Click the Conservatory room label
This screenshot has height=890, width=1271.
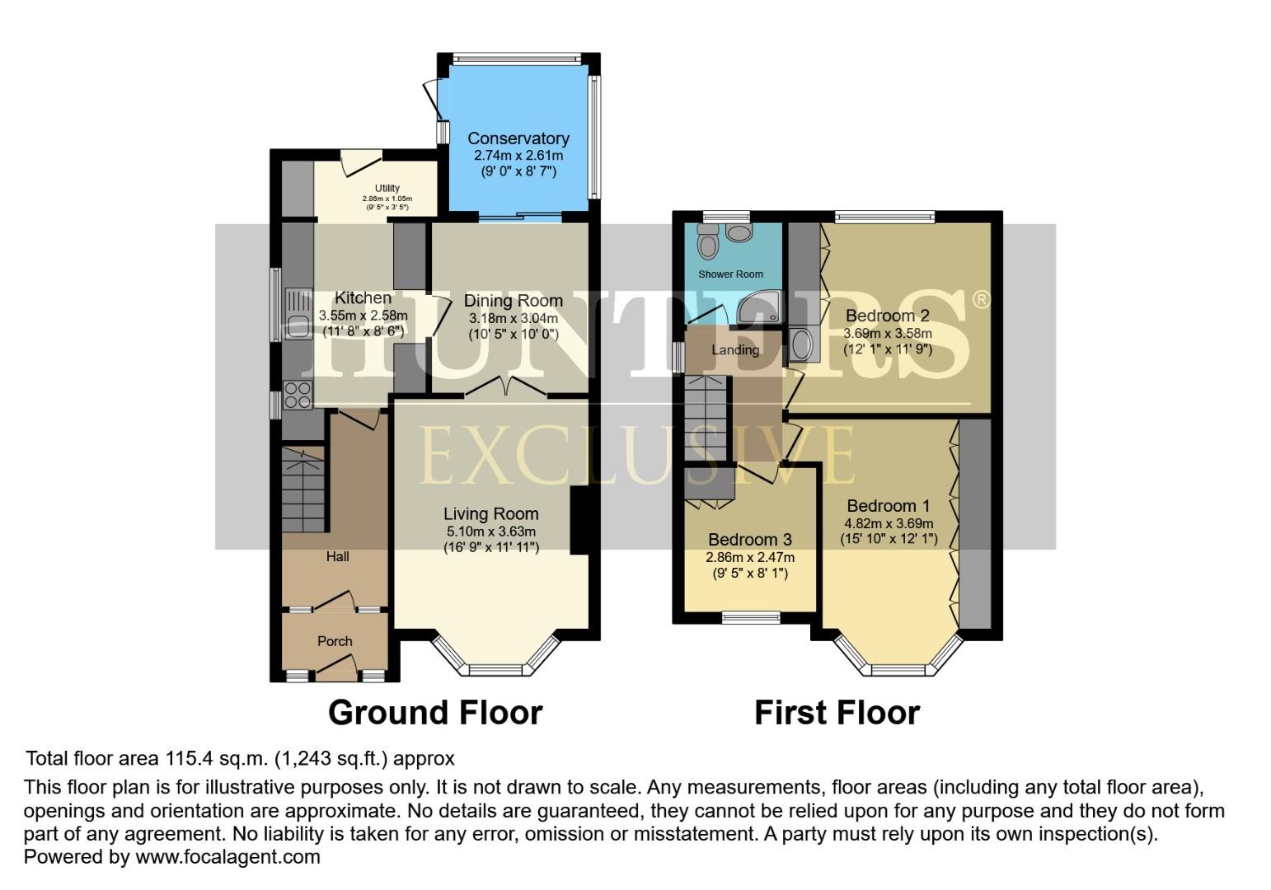(x=518, y=138)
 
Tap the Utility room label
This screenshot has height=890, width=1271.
(x=387, y=189)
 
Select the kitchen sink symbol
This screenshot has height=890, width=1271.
(x=297, y=315)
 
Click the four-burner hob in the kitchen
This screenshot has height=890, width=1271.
(x=297, y=396)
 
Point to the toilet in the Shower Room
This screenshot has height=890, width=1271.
(x=707, y=241)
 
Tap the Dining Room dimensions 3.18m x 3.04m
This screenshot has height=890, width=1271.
(x=513, y=319)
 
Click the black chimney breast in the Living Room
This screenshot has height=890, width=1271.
(x=580, y=519)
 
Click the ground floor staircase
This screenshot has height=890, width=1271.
(x=304, y=490)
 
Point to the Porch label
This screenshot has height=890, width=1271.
(x=335, y=641)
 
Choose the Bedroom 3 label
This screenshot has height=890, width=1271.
(x=749, y=540)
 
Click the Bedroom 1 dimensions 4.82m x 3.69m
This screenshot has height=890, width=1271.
(x=888, y=523)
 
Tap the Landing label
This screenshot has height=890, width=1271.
(x=734, y=350)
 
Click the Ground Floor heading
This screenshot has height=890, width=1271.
(x=435, y=713)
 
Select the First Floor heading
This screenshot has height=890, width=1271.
(x=837, y=713)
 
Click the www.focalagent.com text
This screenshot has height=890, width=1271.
(x=227, y=857)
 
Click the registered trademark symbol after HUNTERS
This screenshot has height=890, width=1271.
(x=981, y=300)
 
